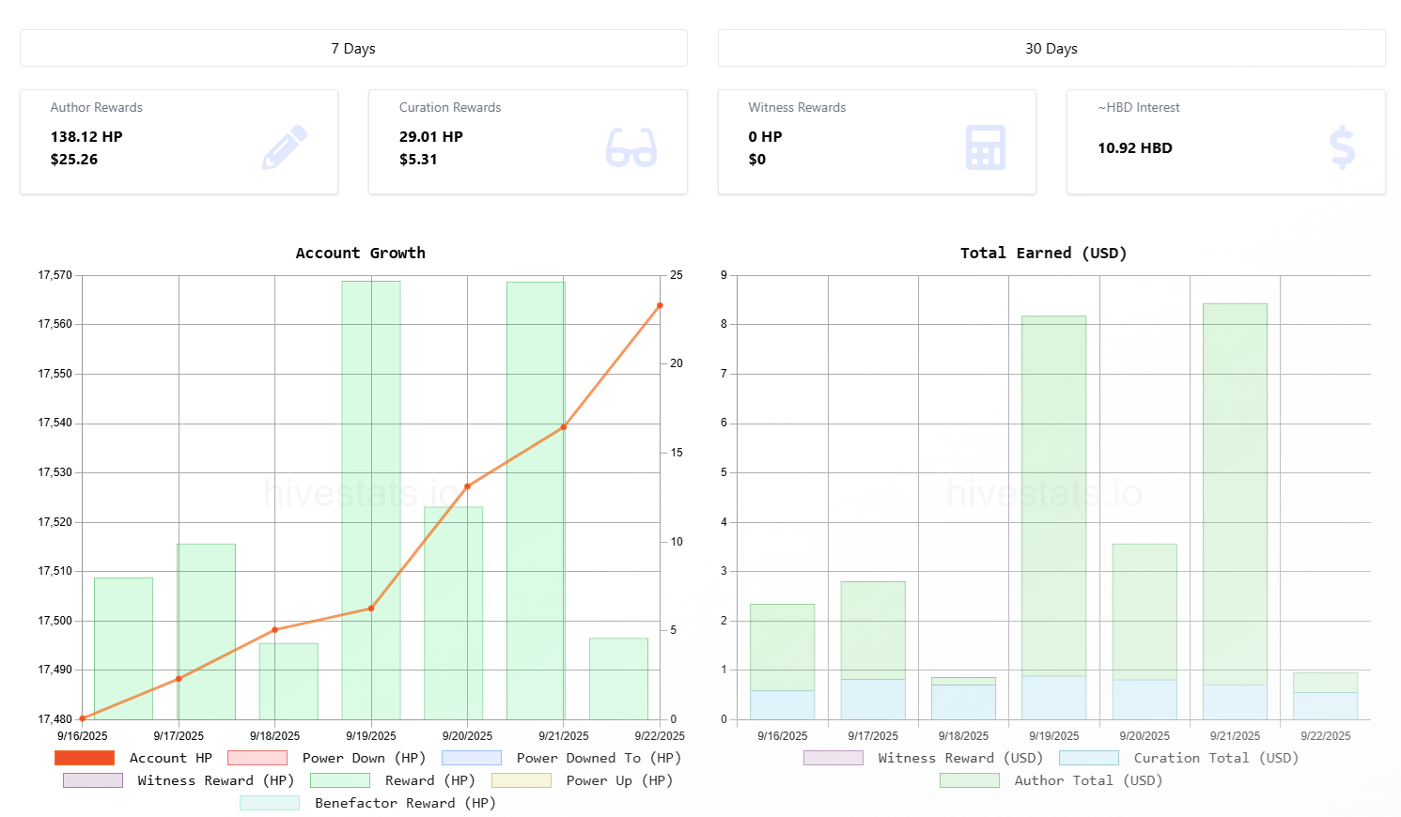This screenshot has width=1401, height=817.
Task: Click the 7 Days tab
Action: pyautogui.click(x=353, y=48)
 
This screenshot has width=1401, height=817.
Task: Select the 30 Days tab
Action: pyautogui.click(x=1051, y=48)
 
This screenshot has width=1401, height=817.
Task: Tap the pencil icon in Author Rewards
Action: pyautogui.click(x=285, y=146)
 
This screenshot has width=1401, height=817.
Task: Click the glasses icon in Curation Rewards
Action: pyautogui.click(x=630, y=147)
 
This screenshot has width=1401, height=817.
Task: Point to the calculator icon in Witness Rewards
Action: pyautogui.click(x=985, y=147)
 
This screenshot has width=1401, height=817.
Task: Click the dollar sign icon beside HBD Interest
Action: pyautogui.click(x=1342, y=147)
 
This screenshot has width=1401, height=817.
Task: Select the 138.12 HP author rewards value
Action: pyautogui.click(x=86, y=137)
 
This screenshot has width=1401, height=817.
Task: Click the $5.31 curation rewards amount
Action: pyautogui.click(x=418, y=160)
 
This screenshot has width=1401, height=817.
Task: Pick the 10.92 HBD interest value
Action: pyautogui.click(x=1134, y=148)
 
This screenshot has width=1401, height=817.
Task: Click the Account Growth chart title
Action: pyautogui.click(x=360, y=253)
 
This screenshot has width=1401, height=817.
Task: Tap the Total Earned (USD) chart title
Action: pyautogui.click(x=1043, y=253)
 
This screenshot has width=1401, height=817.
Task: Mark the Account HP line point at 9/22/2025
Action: pyautogui.click(x=660, y=305)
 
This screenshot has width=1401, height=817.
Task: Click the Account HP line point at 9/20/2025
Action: pyautogui.click(x=467, y=486)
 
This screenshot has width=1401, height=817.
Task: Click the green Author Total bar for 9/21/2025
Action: pyautogui.click(x=1235, y=493)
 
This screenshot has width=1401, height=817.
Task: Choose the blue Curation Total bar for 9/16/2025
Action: pyautogui.click(x=782, y=705)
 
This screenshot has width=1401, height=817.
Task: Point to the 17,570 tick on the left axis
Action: pyautogui.click(x=54, y=275)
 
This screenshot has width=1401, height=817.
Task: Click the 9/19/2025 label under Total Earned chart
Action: pyautogui.click(x=1053, y=736)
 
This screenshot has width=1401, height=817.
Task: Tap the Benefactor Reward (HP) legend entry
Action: pyautogui.click(x=367, y=803)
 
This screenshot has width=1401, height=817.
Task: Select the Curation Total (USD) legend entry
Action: pyautogui.click(x=1178, y=758)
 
